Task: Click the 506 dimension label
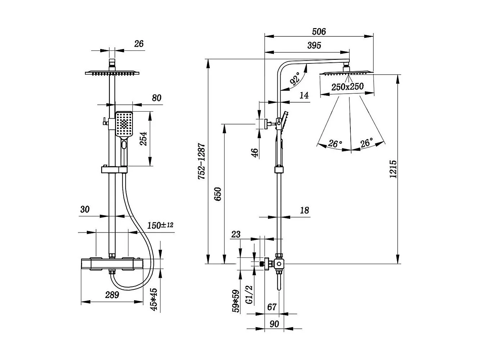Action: coord(319,32)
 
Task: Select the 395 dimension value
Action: coord(314,45)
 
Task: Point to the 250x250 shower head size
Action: coord(347,87)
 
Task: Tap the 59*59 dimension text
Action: coord(236,301)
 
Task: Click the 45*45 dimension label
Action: coord(154,299)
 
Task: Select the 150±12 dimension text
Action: coord(160,226)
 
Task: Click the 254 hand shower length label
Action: coord(143,138)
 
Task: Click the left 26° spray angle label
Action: coord(335,144)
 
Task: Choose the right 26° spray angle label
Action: coord(366,143)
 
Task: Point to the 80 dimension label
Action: coord(157,98)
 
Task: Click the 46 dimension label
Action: coord(255,153)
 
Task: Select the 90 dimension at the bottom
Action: coord(274,324)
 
